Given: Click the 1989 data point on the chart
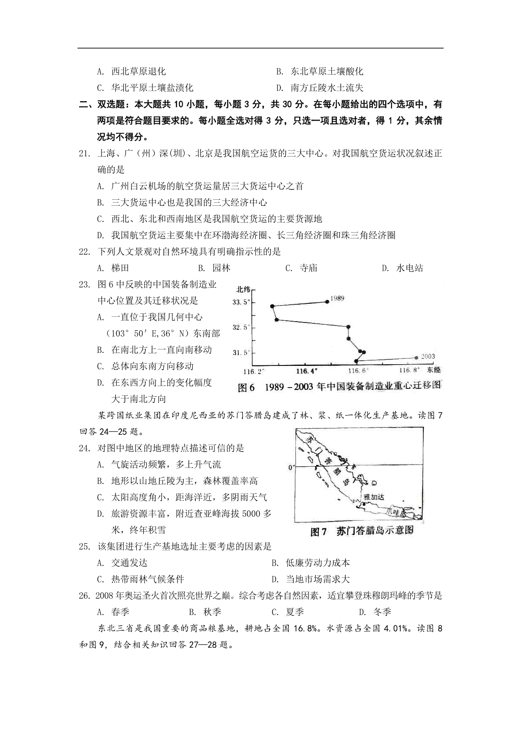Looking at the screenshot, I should pos(327,301).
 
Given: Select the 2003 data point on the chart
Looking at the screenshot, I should pos(416,357).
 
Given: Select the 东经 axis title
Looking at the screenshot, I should pos(433,370).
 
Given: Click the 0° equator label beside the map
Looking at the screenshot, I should pos(291,467).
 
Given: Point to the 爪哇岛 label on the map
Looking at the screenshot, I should pos(398,513).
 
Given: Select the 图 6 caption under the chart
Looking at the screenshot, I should pos(247,388).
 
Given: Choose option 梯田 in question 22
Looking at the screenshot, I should pos(120,268).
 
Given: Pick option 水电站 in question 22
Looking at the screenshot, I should pos(409,268).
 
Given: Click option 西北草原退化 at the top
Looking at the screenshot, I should pos(138,71).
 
